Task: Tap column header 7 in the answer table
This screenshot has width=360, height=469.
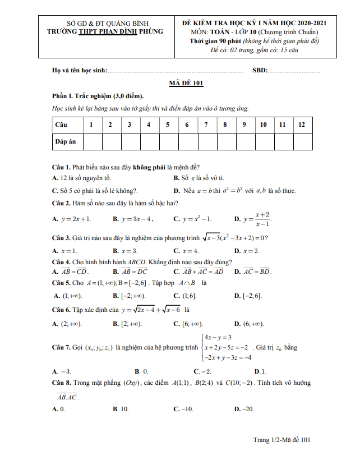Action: (x=206, y=125)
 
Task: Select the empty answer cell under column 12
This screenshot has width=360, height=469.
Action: (x=302, y=142)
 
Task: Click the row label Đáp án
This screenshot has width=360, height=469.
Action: (x=65, y=142)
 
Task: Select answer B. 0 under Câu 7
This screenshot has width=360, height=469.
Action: (x=141, y=371)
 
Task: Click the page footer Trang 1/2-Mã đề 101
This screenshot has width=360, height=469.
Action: (x=281, y=440)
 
